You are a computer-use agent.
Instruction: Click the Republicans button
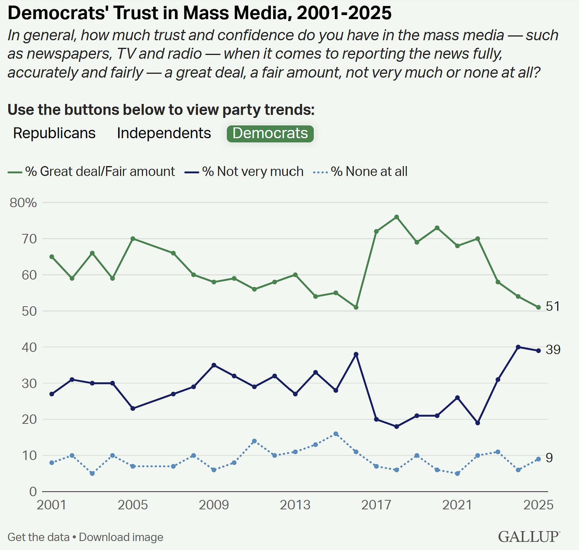(x=54, y=133)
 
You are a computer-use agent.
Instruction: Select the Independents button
(x=164, y=133)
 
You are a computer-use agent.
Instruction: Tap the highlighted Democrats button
(x=270, y=133)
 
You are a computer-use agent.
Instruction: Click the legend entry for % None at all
(x=369, y=171)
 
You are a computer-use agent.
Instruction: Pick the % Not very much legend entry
(x=253, y=171)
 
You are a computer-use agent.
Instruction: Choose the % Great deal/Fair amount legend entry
(x=99, y=171)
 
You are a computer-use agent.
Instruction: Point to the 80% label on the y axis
(x=23, y=203)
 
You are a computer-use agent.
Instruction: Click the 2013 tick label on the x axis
(x=295, y=505)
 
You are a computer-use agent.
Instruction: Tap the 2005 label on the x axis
(x=133, y=505)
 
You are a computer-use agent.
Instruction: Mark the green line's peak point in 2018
(x=396, y=217)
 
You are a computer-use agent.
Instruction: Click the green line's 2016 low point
(x=356, y=307)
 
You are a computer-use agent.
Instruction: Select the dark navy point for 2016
(x=356, y=354)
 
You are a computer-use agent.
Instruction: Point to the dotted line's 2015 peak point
(x=336, y=434)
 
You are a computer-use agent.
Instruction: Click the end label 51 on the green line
(x=553, y=306)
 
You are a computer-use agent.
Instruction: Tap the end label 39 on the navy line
(x=553, y=350)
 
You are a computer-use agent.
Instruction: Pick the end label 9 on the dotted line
(x=549, y=458)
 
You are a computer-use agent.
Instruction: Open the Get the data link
(x=38, y=537)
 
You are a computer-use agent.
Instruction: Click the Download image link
(x=121, y=537)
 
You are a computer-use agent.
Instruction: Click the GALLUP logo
(x=529, y=536)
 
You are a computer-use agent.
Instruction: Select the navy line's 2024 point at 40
(x=518, y=347)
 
